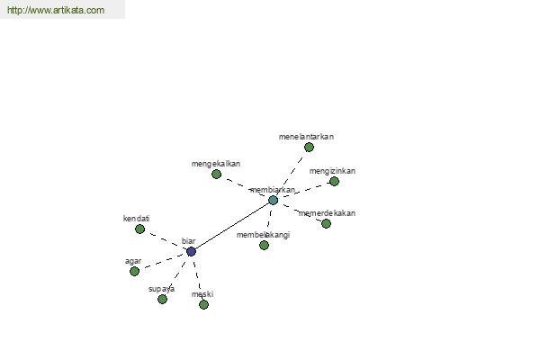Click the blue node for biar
[x=191, y=251]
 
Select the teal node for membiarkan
[x=273, y=200]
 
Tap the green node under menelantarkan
[x=309, y=148]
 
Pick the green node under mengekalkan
[x=216, y=175]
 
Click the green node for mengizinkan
[x=334, y=181]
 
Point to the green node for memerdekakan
[x=326, y=224]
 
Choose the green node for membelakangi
[x=264, y=246]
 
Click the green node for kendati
[x=139, y=229]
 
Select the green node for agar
[x=135, y=272]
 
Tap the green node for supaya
[x=162, y=300]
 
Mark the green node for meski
[x=203, y=304]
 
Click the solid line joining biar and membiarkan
[x=232, y=226]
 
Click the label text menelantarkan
[x=306, y=137]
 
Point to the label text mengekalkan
[x=216, y=164]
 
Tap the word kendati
[x=137, y=219]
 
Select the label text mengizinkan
[x=332, y=171]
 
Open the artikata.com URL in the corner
[x=56, y=10]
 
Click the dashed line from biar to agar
[x=164, y=262]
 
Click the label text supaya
[x=161, y=290]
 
